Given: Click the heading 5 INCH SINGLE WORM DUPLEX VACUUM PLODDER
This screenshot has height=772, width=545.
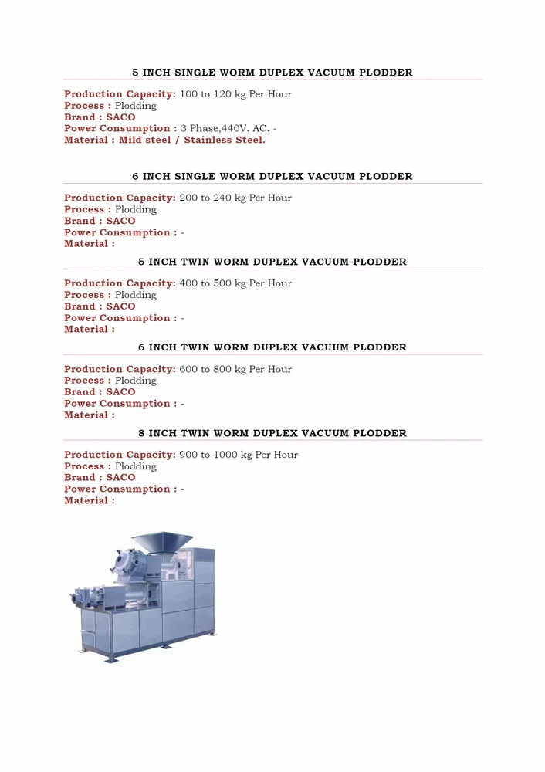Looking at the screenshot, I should pos(272,73).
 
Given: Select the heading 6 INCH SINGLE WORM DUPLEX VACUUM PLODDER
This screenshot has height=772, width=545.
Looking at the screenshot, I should pos(272,177).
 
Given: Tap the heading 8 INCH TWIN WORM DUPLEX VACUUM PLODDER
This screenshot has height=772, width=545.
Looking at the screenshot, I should pos(272,434).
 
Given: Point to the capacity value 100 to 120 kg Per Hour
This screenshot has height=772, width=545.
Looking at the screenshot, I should pos(235,94).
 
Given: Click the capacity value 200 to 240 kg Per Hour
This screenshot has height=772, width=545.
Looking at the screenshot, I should pos(235,198).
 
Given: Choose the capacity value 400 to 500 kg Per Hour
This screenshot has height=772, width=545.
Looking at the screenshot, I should pos(235,284).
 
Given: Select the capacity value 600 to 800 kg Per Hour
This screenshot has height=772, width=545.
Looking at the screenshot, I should pos(235,370).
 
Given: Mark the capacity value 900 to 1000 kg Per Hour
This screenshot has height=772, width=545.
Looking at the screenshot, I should pos(239,455).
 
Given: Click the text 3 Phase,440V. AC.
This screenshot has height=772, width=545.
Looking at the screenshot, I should pos(225,129).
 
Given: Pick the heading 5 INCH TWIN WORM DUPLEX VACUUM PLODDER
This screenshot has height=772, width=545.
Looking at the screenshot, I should pos(272,262).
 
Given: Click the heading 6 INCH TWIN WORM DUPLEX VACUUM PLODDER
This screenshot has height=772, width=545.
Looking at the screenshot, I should pos(272,348).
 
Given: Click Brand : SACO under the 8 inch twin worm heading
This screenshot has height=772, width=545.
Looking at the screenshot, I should pos(100,478).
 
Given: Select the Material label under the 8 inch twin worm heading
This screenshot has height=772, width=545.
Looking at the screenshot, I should pos(90,501).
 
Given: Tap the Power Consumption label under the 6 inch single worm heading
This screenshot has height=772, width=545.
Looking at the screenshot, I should pos(120,233).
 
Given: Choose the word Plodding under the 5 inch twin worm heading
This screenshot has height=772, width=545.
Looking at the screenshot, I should pos(136,296).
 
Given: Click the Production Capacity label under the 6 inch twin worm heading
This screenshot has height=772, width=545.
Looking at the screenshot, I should pos(120,370).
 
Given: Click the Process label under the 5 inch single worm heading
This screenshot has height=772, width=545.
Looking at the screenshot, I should pos(87,106).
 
